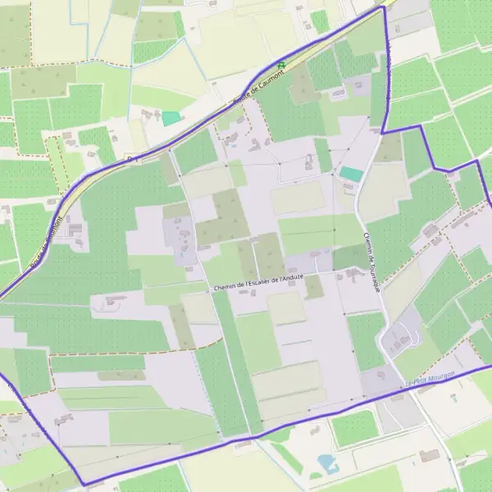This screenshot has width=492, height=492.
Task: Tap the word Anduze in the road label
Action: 293,277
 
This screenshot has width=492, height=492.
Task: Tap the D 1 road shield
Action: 130,159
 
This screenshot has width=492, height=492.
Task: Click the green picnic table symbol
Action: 281,65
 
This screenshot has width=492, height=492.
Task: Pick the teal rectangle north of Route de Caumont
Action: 171,118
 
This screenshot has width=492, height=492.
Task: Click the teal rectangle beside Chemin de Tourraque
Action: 351,174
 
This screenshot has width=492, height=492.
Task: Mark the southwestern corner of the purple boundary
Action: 83,485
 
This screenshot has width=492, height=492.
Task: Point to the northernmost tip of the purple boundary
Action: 382,7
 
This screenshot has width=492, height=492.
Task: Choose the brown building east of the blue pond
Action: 428,456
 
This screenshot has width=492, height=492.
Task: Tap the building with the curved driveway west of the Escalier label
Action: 112,302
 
